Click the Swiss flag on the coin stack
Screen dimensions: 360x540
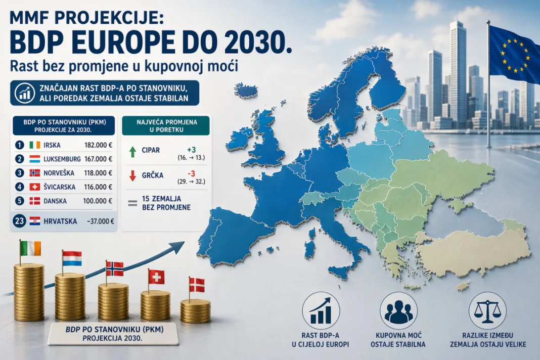click(156, 277)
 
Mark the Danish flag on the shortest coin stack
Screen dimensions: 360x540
click(197, 285)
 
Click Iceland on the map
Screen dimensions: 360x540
click(246, 91)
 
